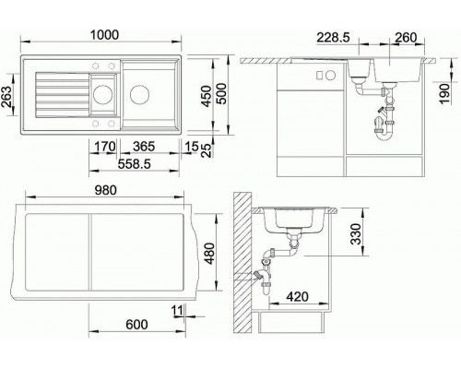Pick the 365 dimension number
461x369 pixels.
point(143,145)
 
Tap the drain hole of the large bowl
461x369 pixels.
point(139,93)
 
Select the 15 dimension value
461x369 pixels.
point(189,145)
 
